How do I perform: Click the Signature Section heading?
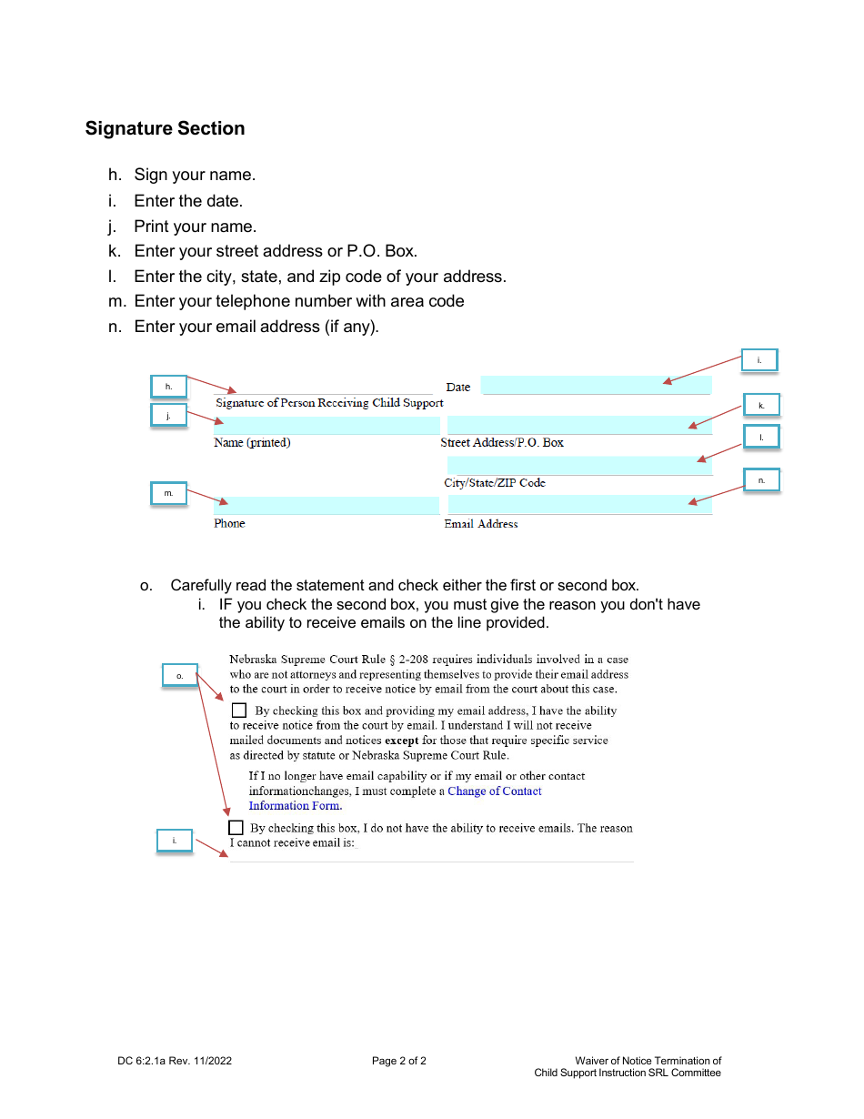pyautogui.click(x=165, y=128)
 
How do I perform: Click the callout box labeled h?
pyautogui.click(x=168, y=387)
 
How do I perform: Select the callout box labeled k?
pyautogui.click(x=761, y=405)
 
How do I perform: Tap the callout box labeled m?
pyautogui.click(x=168, y=493)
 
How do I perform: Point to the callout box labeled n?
pyautogui.click(x=761, y=479)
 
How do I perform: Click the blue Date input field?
pyautogui.click(x=596, y=386)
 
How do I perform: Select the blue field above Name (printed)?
pyautogui.click(x=327, y=425)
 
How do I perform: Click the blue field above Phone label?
pyautogui.click(x=327, y=506)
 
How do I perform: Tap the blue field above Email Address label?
pyautogui.click(x=580, y=505)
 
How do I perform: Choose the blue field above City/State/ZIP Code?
pyautogui.click(x=580, y=466)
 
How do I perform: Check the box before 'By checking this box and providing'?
pyautogui.click(x=239, y=711)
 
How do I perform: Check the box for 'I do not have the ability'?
pyautogui.click(x=236, y=828)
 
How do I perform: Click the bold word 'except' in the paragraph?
pyautogui.click(x=401, y=741)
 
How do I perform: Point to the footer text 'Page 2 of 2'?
pyautogui.click(x=398, y=1061)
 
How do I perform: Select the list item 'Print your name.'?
pyautogui.click(x=195, y=227)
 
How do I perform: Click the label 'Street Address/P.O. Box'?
pyautogui.click(x=502, y=443)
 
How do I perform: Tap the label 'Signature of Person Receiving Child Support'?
pyautogui.click(x=329, y=403)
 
